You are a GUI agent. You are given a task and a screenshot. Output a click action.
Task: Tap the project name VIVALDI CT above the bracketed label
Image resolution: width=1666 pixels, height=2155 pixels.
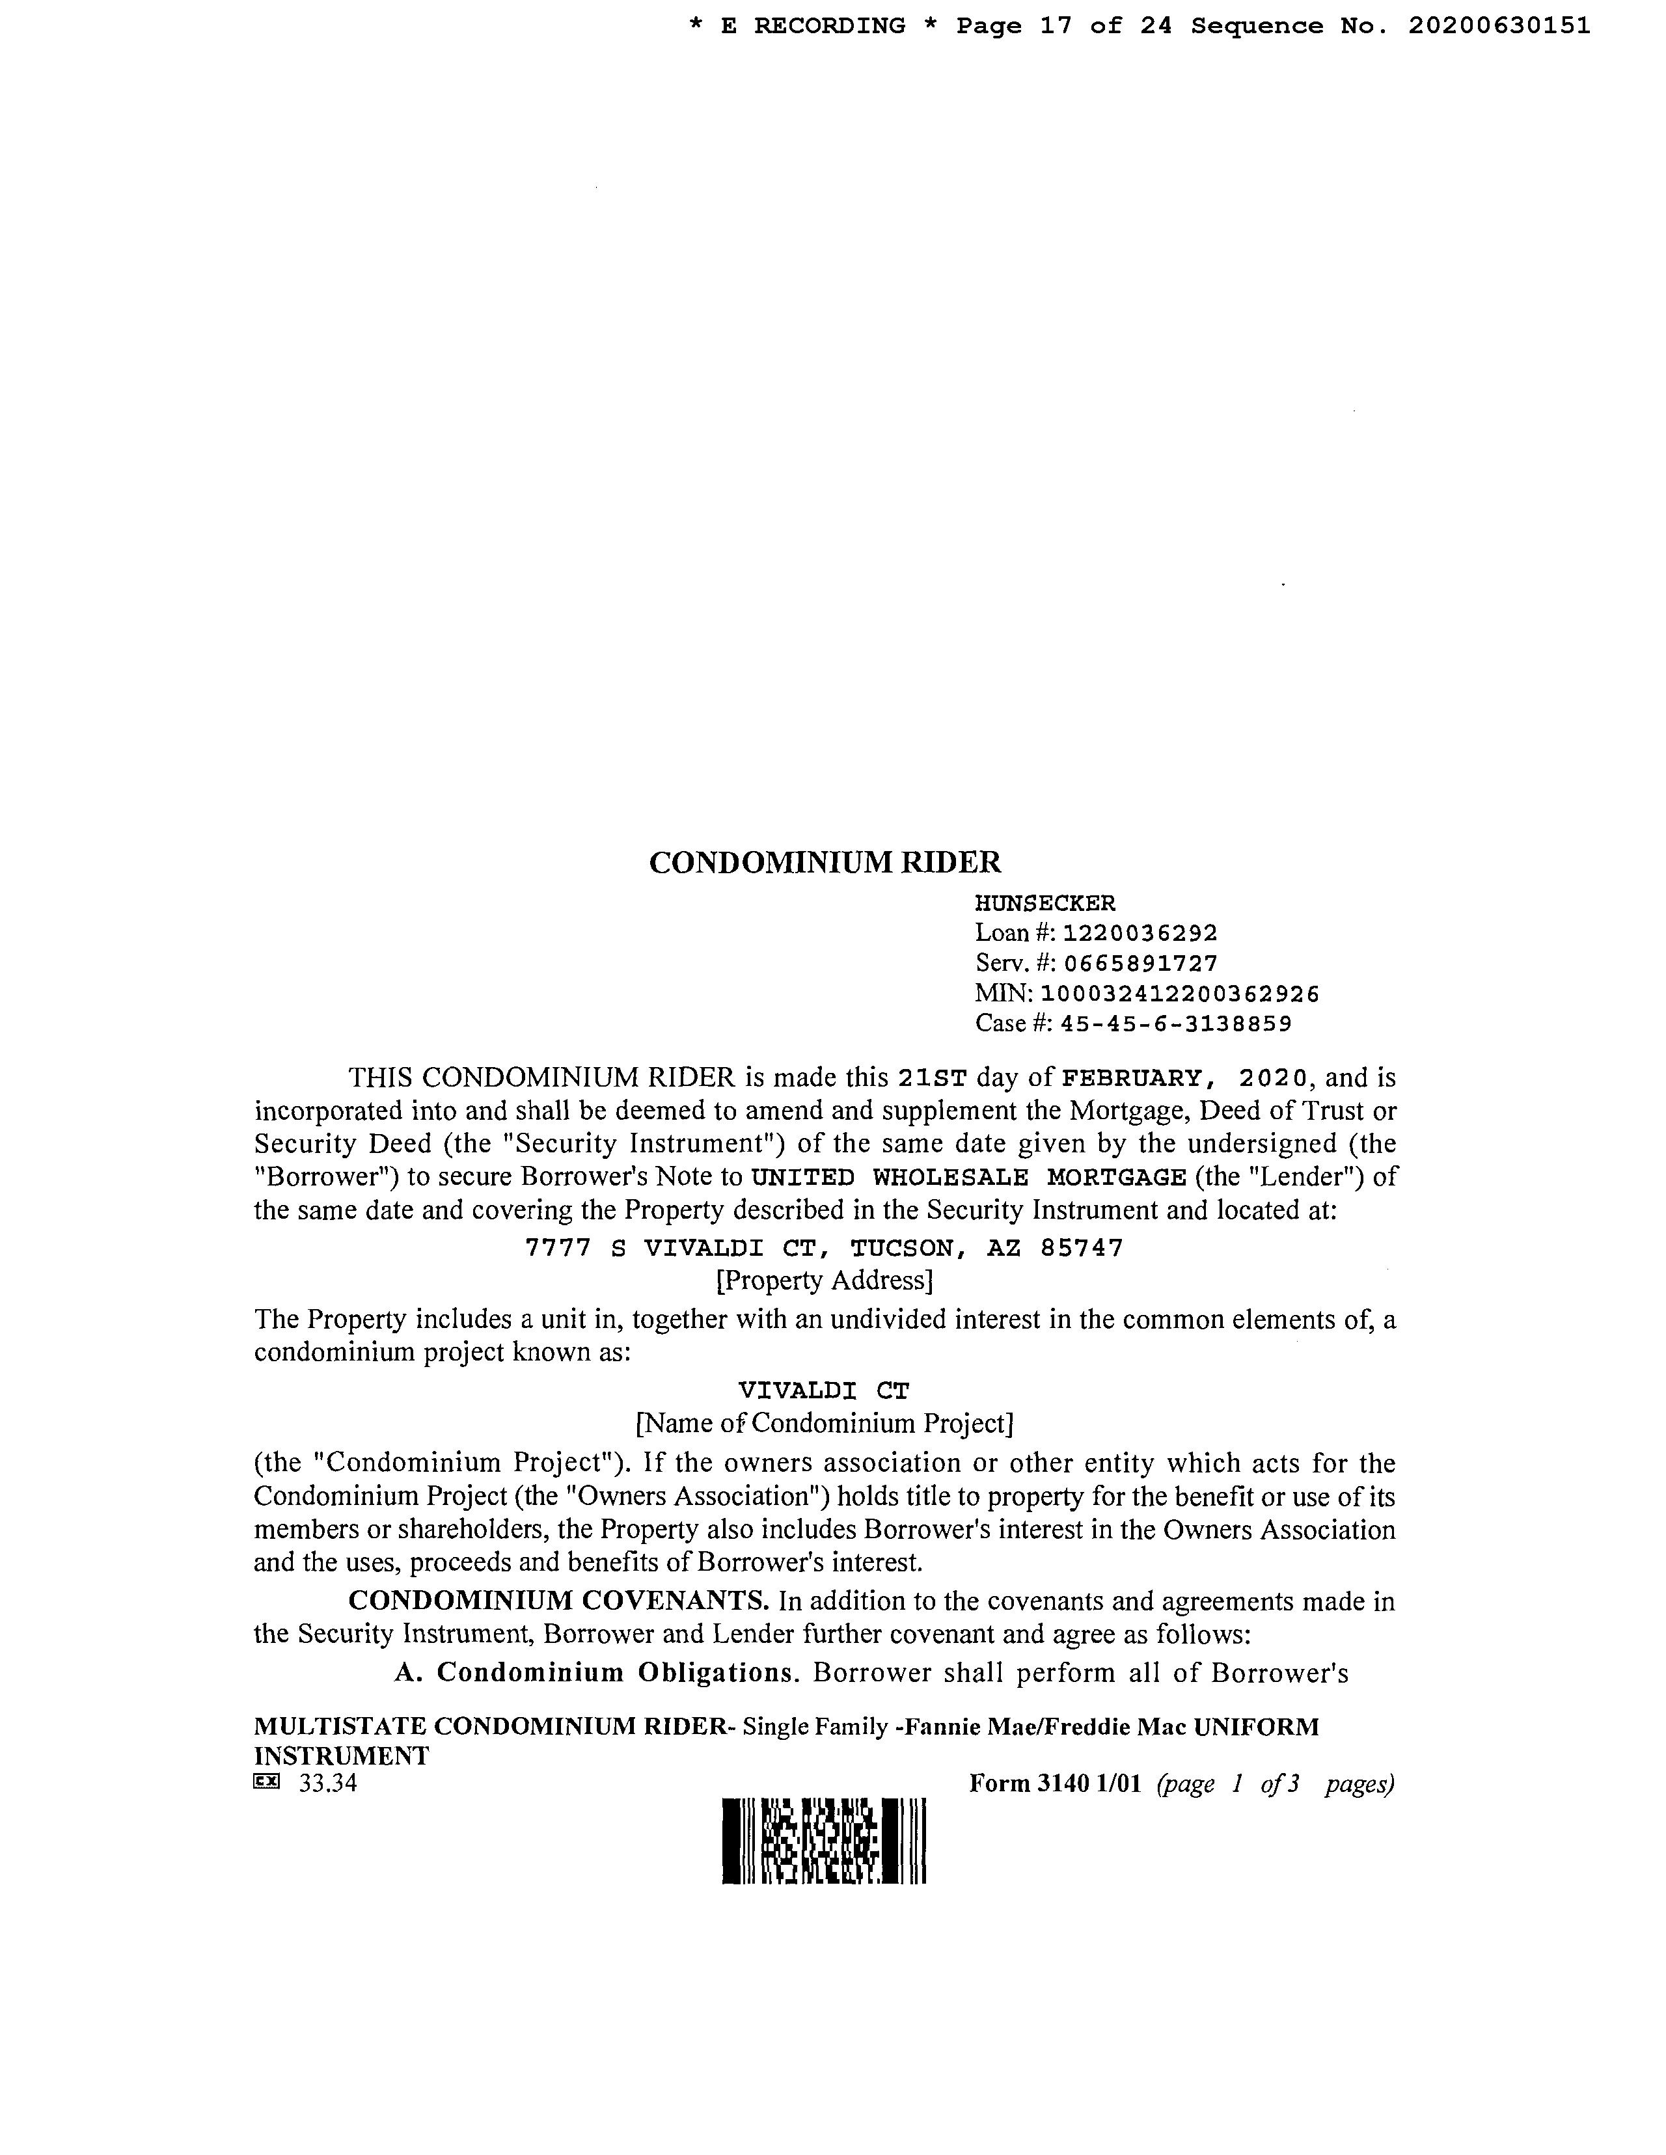click(x=824, y=1390)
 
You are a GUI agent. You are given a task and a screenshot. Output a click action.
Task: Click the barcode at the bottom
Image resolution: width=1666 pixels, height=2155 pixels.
click(x=824, y=1841)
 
